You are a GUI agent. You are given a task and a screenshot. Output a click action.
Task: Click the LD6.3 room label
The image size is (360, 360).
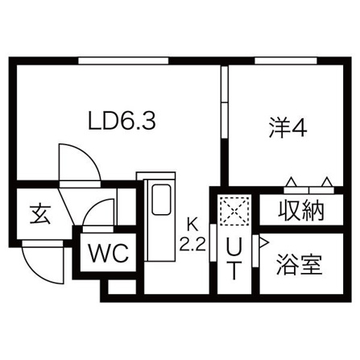(122, 122)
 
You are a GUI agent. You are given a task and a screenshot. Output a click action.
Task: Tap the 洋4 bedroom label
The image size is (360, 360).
(288, 128)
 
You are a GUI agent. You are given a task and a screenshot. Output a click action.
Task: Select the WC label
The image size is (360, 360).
(109, 253)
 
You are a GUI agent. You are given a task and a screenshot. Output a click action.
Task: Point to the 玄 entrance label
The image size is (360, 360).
(40, 215)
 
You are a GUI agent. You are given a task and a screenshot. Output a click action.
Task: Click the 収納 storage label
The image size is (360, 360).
(301, 210)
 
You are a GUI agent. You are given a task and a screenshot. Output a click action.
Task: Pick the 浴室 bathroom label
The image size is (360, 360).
(300, 264)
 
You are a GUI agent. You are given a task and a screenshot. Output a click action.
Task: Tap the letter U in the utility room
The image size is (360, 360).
(234, 248)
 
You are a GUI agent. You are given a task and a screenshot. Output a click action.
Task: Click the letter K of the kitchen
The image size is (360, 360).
(192, 225)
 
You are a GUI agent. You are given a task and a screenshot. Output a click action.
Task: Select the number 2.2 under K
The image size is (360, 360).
(192, 245)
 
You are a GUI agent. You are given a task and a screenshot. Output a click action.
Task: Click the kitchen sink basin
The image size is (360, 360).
(161, 200)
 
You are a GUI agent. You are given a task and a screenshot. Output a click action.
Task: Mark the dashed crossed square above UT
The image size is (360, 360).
(234, 210)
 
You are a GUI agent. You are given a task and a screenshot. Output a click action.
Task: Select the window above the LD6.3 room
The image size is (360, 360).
(123, 60)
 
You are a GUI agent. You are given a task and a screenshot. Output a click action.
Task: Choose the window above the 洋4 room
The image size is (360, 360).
(286, 60)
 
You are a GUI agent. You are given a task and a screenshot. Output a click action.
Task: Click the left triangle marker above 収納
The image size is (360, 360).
(292, 182)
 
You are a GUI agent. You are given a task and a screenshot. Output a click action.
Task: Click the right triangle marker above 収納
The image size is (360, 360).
(327, 182)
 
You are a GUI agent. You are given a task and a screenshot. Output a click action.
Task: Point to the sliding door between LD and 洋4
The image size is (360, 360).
(224, 102)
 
